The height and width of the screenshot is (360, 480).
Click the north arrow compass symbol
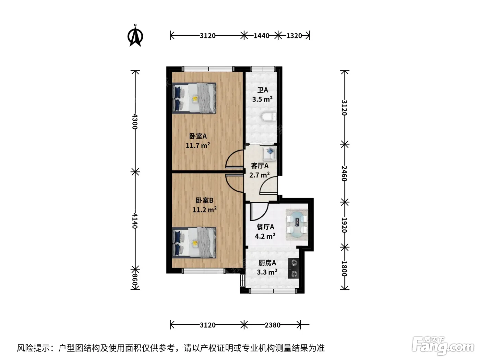(x=135, y=35)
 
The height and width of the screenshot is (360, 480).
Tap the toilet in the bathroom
(x=269, y=117)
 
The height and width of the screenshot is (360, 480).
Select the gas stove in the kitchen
(x=293, y=268)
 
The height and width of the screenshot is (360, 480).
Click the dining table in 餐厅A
(x=297, y=225)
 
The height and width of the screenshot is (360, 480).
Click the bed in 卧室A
(x=194, y=98)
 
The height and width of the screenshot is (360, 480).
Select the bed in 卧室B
(x=194, y=243)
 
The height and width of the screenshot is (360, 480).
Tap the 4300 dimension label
(x=135, y=121)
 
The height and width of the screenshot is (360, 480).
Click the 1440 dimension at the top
(x=261, y=36)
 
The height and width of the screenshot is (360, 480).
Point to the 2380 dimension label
(x=273, y=325)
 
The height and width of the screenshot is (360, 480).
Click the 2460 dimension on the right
(x=344, y=173)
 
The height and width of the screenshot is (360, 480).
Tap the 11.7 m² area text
(x=198, y=145)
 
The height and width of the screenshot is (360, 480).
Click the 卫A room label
(x=263, y=90)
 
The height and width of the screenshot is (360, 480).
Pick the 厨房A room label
(x=267, y=263)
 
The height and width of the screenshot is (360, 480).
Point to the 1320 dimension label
(x=294, y=36)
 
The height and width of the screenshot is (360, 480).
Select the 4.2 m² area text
(x=265, y=236)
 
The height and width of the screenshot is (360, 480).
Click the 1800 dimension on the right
(x=344, y=269)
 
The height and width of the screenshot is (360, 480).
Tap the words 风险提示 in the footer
(x=34, y=348)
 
